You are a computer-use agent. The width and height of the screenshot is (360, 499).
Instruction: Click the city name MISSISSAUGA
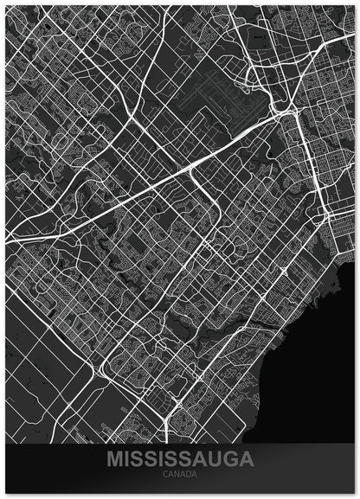[179, 458]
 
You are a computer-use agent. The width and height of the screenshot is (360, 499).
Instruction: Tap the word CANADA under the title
[179, 474]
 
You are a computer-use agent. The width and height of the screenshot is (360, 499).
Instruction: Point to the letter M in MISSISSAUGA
[114, 458]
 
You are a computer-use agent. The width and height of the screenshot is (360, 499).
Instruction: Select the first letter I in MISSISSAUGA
[125, 458]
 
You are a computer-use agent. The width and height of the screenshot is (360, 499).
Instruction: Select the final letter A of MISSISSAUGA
[246, 458]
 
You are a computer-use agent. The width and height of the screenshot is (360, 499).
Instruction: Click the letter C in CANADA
[164, 474]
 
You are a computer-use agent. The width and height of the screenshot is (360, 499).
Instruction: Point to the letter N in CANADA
[176, 474]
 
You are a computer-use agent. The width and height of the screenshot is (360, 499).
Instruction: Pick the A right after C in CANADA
[170, 474]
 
